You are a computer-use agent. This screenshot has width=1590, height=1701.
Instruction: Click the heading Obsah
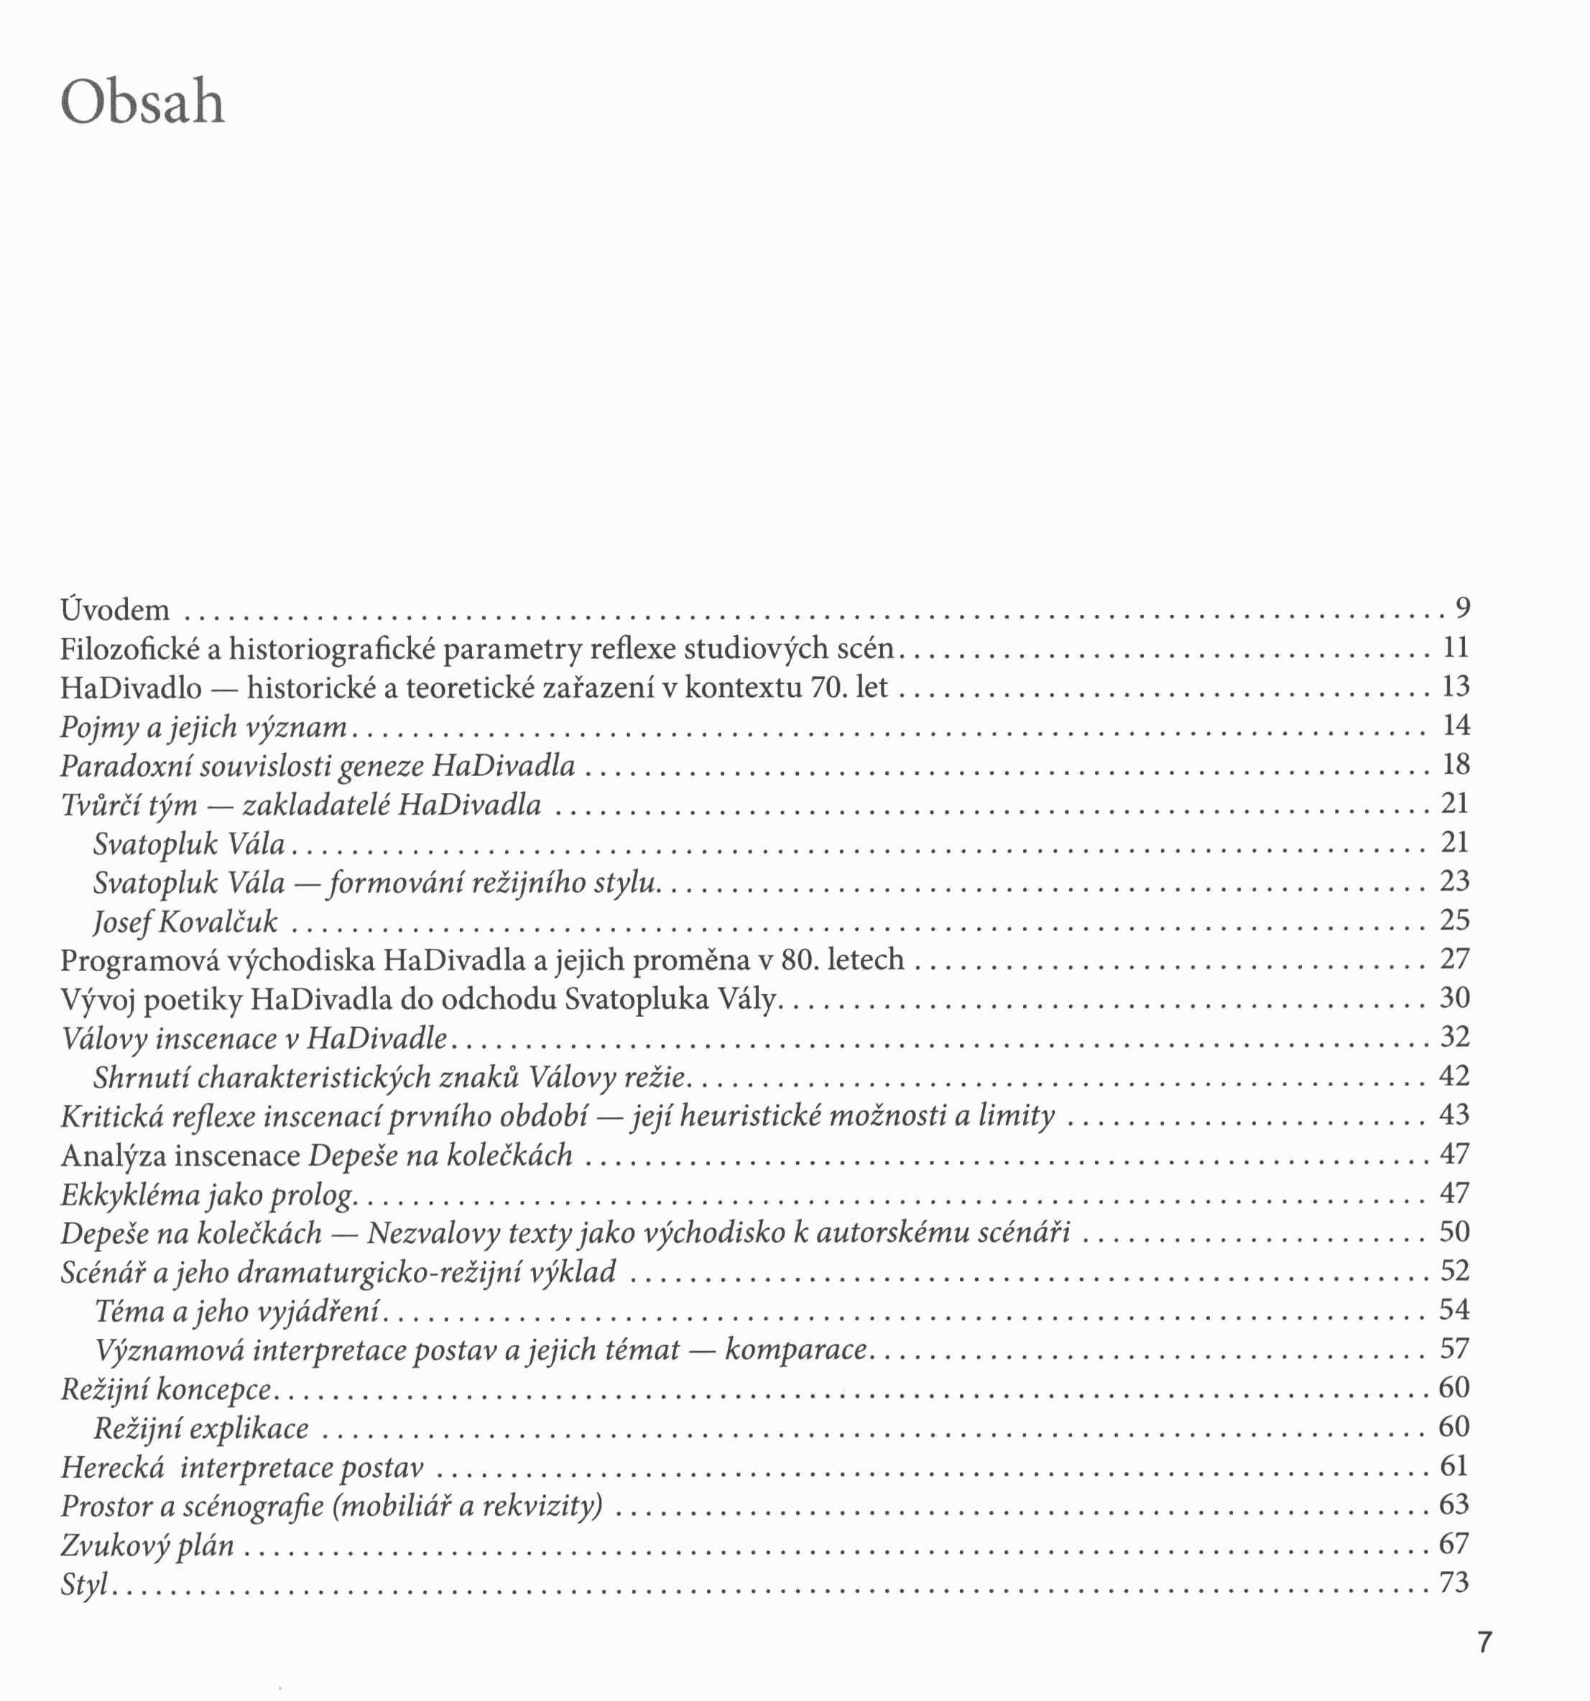143,103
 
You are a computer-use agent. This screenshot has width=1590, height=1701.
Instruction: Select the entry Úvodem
115,609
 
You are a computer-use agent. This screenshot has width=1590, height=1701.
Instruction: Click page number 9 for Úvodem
1463,608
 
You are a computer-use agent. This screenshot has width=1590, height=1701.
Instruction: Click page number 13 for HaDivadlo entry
1456,686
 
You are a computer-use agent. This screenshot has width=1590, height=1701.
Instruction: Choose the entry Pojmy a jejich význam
203,726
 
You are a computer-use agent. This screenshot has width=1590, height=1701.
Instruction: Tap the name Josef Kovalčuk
185,921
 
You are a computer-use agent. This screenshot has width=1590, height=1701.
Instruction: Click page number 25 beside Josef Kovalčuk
1455,919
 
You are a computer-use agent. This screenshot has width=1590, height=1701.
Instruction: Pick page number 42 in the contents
1455,1075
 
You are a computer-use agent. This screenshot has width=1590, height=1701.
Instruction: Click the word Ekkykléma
129,1194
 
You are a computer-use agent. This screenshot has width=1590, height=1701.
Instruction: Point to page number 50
1455,1231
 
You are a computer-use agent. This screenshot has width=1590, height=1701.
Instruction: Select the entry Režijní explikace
201,1428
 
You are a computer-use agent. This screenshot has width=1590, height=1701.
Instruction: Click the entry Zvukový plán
147,1544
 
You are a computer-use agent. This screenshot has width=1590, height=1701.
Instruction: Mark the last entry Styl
84,1584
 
